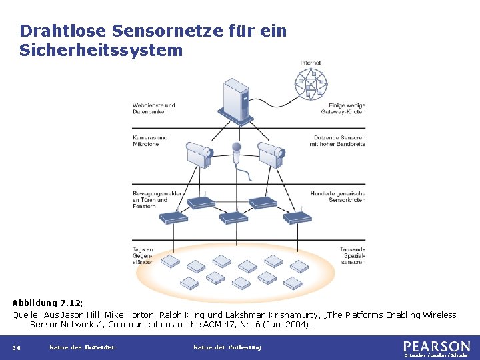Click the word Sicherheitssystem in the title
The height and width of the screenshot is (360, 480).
[x=101, y=50]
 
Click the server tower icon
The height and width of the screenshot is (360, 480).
[x=237, y=100]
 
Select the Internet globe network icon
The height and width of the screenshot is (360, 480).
[x=310, y=84]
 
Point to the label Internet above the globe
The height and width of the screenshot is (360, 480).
[x=310, y=63]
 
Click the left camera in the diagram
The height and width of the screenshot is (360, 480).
[x=198, y=156]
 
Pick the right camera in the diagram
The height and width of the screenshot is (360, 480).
[x=271, y=156]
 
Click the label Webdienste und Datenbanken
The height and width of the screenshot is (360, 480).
[x=154, y=108]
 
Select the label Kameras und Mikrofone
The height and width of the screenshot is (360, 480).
[x=150, y=141]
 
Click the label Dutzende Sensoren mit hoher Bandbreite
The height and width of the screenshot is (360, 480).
[x=339, y=141]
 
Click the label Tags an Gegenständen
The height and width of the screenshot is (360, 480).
[x=143, y=256]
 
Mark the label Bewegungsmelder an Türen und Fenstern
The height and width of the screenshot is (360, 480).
[x=153, y=200]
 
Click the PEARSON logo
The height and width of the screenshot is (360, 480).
[x=437, y=346]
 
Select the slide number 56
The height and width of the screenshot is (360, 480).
[x=18, y=347]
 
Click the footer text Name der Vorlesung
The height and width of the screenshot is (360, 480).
[x=227, y=347]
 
